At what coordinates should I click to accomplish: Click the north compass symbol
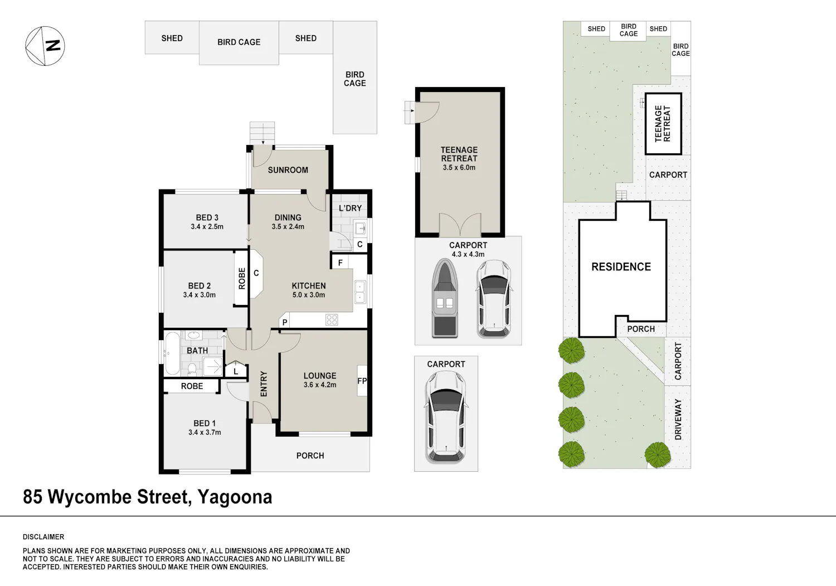click(x=45, y=46)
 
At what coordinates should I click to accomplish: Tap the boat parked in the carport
click(x=445, y=298)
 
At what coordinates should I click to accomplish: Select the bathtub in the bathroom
click(x=172, y=353)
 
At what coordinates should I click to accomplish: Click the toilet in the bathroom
click(x=192, y=369)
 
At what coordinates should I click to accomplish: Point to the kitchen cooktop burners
click(x=332, y=319)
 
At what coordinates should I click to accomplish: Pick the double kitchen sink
click(x=360, y=292)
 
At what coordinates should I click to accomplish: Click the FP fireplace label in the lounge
click(x=362, y=381)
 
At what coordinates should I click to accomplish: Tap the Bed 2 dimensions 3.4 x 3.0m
click(x=200, y=295)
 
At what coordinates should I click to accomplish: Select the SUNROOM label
click(x=288, y=170)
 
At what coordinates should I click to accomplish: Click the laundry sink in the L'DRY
click(x=360, y=228)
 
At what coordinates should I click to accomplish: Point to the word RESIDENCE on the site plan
click(x=621, y=267)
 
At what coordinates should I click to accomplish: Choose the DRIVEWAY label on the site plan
click(x=678, y=419)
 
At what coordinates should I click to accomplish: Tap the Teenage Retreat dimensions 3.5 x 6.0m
click(x=459, y=168)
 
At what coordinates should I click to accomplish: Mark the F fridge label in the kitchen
click(x=341, y=263)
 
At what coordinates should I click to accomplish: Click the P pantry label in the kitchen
click(x=285, y=322)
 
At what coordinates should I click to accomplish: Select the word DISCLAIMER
click(x=43, y=537)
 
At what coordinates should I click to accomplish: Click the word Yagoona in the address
click(x=235, y=497)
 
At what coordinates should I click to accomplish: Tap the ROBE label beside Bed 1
click(x=192, y=386)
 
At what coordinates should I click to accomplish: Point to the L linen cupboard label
click(x=236, y=372)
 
